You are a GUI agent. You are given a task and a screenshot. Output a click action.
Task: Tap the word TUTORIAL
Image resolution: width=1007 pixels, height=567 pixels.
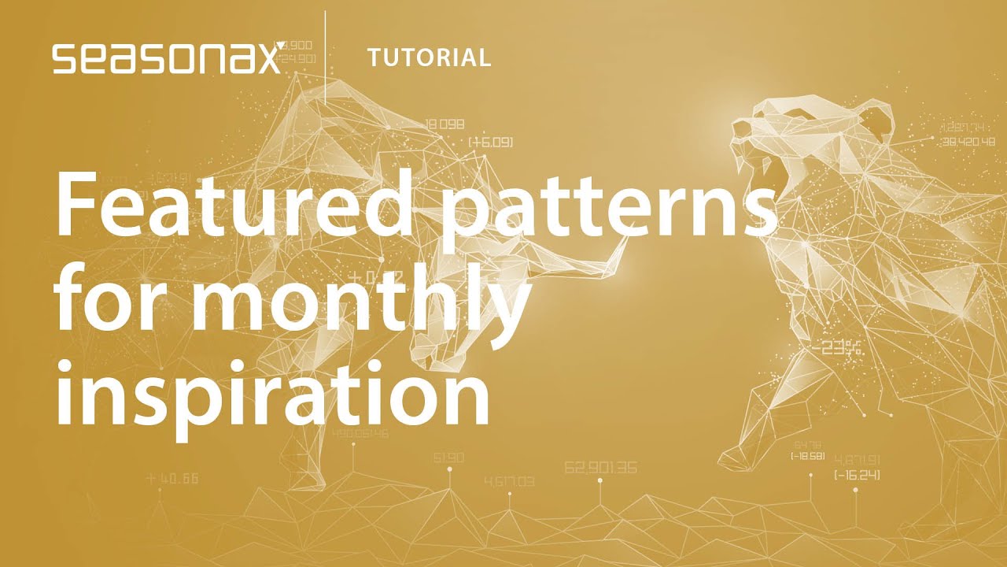[x=429, y=57]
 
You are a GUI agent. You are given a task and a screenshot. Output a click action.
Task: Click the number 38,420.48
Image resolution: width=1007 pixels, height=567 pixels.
[x=968, y=143]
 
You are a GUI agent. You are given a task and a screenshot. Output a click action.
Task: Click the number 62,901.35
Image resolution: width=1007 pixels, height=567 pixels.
[x=600, y=467]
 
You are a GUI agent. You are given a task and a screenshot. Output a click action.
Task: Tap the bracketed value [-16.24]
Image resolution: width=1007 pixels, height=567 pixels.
[x=857, y=475]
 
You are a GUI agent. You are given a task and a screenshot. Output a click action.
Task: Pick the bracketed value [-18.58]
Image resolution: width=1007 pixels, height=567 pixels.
[x=807, y=456]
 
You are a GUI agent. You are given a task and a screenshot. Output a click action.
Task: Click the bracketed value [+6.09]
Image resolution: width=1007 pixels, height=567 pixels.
[x=490, y=142]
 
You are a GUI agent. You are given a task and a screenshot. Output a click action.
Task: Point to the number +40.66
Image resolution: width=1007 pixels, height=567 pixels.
[x=172, y=477]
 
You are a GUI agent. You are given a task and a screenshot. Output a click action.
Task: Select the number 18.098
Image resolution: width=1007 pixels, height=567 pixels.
[x=444, y=124]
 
